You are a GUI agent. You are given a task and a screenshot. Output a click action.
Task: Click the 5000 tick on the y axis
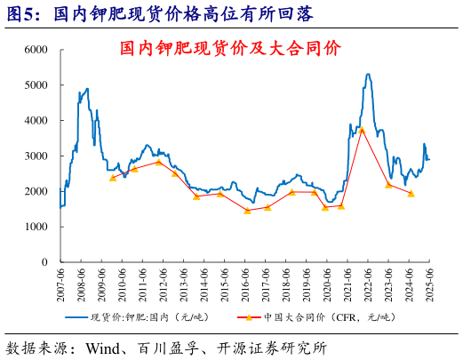(x=36, y=85)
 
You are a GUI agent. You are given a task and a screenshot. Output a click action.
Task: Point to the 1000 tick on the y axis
(x=36, y=227)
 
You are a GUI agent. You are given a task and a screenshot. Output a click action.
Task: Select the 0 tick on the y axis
(x=44, y=262)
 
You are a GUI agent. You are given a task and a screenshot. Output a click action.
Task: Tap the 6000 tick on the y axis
(x=36, y=50)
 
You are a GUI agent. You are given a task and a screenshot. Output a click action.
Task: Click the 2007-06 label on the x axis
(x=61, y=284)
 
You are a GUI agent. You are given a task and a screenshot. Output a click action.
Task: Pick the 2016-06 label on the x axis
(x=246, y=284)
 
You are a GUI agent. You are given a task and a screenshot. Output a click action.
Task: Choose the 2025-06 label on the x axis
(x=431, y=284)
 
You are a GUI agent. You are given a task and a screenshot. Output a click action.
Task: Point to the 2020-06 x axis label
(x=329, y=284)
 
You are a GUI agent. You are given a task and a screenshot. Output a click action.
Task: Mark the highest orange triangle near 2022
(x=362, y=129)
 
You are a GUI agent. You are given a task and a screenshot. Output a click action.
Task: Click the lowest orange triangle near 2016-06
(x=248, y=211)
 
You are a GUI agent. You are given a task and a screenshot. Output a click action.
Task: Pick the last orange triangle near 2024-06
(x=411, y=193)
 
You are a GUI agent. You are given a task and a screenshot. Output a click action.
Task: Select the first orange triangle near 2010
(x=113, y=178)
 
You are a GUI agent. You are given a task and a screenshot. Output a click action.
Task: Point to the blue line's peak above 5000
(x=368, y=74)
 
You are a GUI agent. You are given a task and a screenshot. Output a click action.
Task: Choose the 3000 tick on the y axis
(x=36, y=156)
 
